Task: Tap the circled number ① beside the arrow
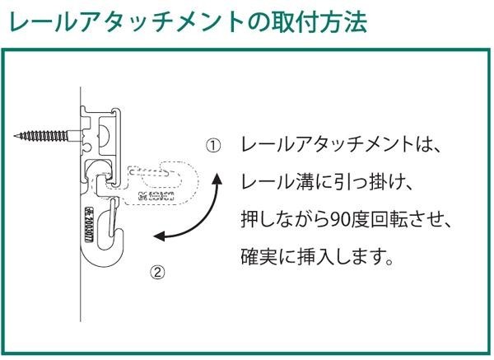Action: pos(213,147)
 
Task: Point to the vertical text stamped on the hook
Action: pos(90,217)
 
